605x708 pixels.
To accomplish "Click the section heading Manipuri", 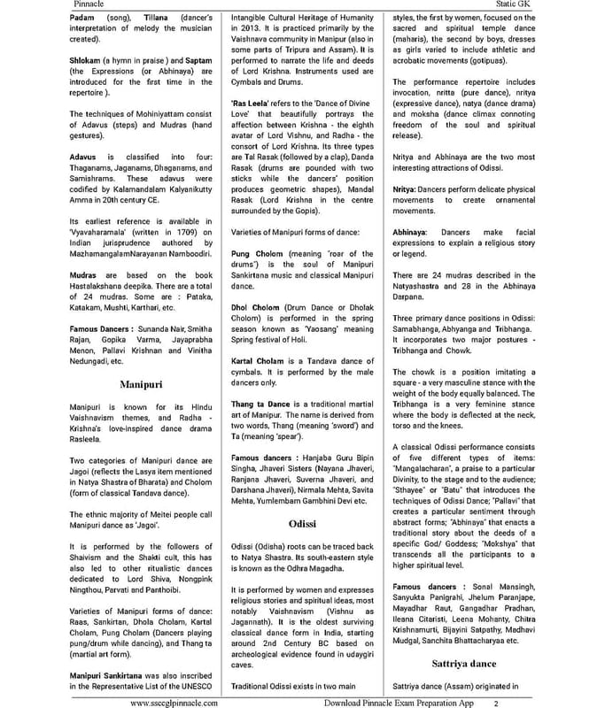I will (x=141, y=385).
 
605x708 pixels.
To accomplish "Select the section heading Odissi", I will (x=302, y=524).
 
